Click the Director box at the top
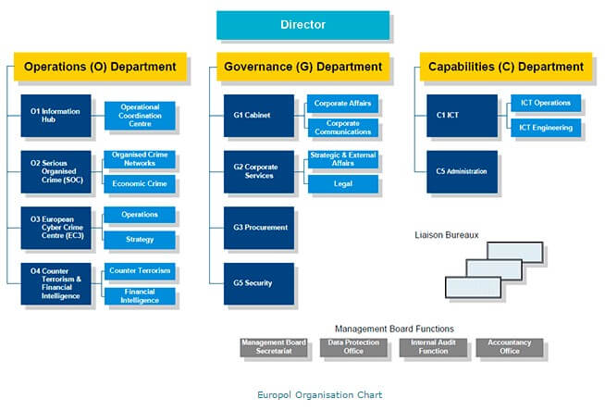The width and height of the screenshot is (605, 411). point(302,25)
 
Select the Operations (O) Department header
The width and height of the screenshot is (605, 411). point(100,67)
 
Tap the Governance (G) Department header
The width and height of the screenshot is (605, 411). point(303,67)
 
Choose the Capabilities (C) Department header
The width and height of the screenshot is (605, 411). point(505,67)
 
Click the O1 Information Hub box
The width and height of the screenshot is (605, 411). point(56,116)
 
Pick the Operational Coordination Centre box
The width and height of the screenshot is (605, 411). point(140,116)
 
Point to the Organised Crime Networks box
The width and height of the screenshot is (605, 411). point(140,159)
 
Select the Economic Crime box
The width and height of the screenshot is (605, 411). point(140,183)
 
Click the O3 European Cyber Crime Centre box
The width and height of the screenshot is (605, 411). point(56,228)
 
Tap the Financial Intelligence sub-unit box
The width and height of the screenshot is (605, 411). point(140,296)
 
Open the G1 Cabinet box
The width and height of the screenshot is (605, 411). point(259,116)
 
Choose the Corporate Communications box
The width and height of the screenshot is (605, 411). point(342,128)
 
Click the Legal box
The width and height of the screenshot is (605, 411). point(342,183)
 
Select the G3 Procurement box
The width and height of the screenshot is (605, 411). point(259,228)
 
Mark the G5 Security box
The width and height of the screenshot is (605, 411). point(259,283)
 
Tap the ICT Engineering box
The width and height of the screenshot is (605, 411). point(546,128)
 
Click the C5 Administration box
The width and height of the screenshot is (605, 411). point(462,171)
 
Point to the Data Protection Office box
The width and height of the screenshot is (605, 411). point(352,347)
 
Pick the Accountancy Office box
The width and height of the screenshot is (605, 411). point(510,347)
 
